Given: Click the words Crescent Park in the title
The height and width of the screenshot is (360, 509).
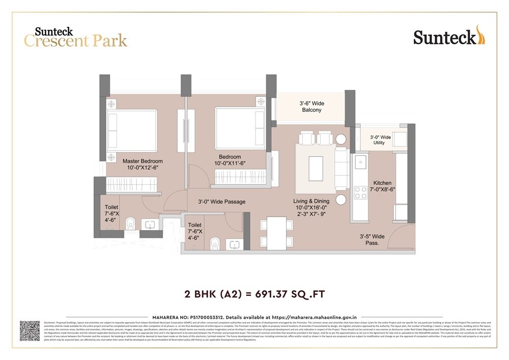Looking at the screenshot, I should coord(75,41).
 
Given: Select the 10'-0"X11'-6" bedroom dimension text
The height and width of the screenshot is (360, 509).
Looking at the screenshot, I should coord(230,163).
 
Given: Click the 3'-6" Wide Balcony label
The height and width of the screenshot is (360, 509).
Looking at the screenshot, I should coord(311,106).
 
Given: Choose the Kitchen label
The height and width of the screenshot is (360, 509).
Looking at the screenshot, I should coord(382,183).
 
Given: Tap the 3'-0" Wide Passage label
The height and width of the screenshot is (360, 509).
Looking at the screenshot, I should coord(221,202).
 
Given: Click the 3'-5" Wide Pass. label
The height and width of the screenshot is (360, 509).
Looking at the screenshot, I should coord(372,240).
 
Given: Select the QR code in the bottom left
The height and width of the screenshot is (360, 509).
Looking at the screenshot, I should coord(30,330).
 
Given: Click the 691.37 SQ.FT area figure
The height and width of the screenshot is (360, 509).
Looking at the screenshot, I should coord(292,294).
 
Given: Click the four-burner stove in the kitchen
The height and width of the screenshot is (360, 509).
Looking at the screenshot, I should coord(360,192).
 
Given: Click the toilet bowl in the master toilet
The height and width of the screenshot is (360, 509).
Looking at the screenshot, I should coord(130,223).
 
